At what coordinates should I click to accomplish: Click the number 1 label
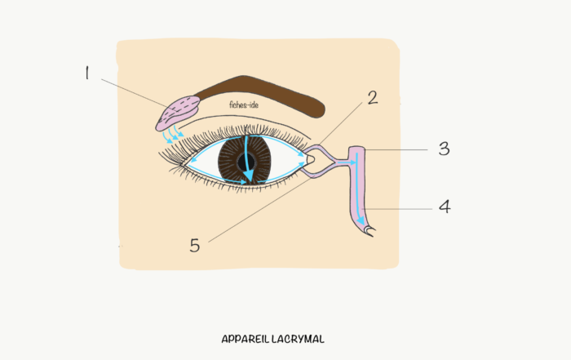pyautogui.click(x=86, y=73)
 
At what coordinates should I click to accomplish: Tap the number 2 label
pyautogui.click(x=373, y=98)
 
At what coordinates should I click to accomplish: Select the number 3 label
pyautogui.click(x=445, y=149)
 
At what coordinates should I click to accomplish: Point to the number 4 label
pyautogui.click(x=445, y=207)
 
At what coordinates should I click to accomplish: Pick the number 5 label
pyautogui.click(x=195, y=245)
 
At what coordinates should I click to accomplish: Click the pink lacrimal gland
pyautogui.click(x=177, y=113)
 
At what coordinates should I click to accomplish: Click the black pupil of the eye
pyautogui.click(x=245, y=162)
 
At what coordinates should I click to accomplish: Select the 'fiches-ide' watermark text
pyautogui.click(x=244, y=105)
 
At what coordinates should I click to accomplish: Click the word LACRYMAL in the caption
pyautogui.click(x=298, y=340)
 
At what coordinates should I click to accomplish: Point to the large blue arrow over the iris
pyautogui.click(x=248, y=158)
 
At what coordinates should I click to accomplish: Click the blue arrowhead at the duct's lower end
pyautogui.click(x=361, y=220)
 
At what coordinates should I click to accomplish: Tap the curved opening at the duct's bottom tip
pyautogui.click(x=370, y=231)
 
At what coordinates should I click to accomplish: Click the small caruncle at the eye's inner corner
pyautogui.click(x=310, y=160)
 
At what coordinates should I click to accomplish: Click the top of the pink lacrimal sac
pyautogui.click(x=357, y=149)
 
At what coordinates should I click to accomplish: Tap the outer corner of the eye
pyautogui.click(x=181, y=165)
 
